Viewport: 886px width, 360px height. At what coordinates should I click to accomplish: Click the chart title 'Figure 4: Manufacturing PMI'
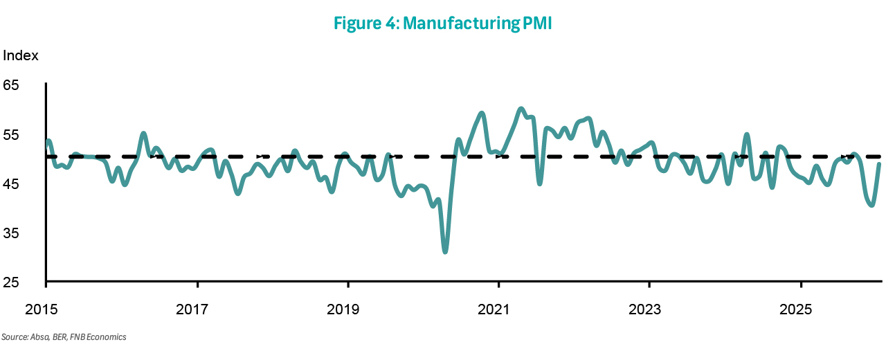443,24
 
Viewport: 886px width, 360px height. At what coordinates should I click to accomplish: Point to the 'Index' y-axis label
21,55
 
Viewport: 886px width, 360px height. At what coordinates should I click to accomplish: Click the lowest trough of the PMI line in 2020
444,251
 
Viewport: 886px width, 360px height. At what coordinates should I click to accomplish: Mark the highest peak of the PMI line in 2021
521,109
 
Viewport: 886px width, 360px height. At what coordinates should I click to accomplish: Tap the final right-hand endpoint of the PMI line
879,164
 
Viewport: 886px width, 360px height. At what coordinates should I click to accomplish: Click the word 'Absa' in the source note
37,337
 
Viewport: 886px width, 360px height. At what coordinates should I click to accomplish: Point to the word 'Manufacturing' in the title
460,24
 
